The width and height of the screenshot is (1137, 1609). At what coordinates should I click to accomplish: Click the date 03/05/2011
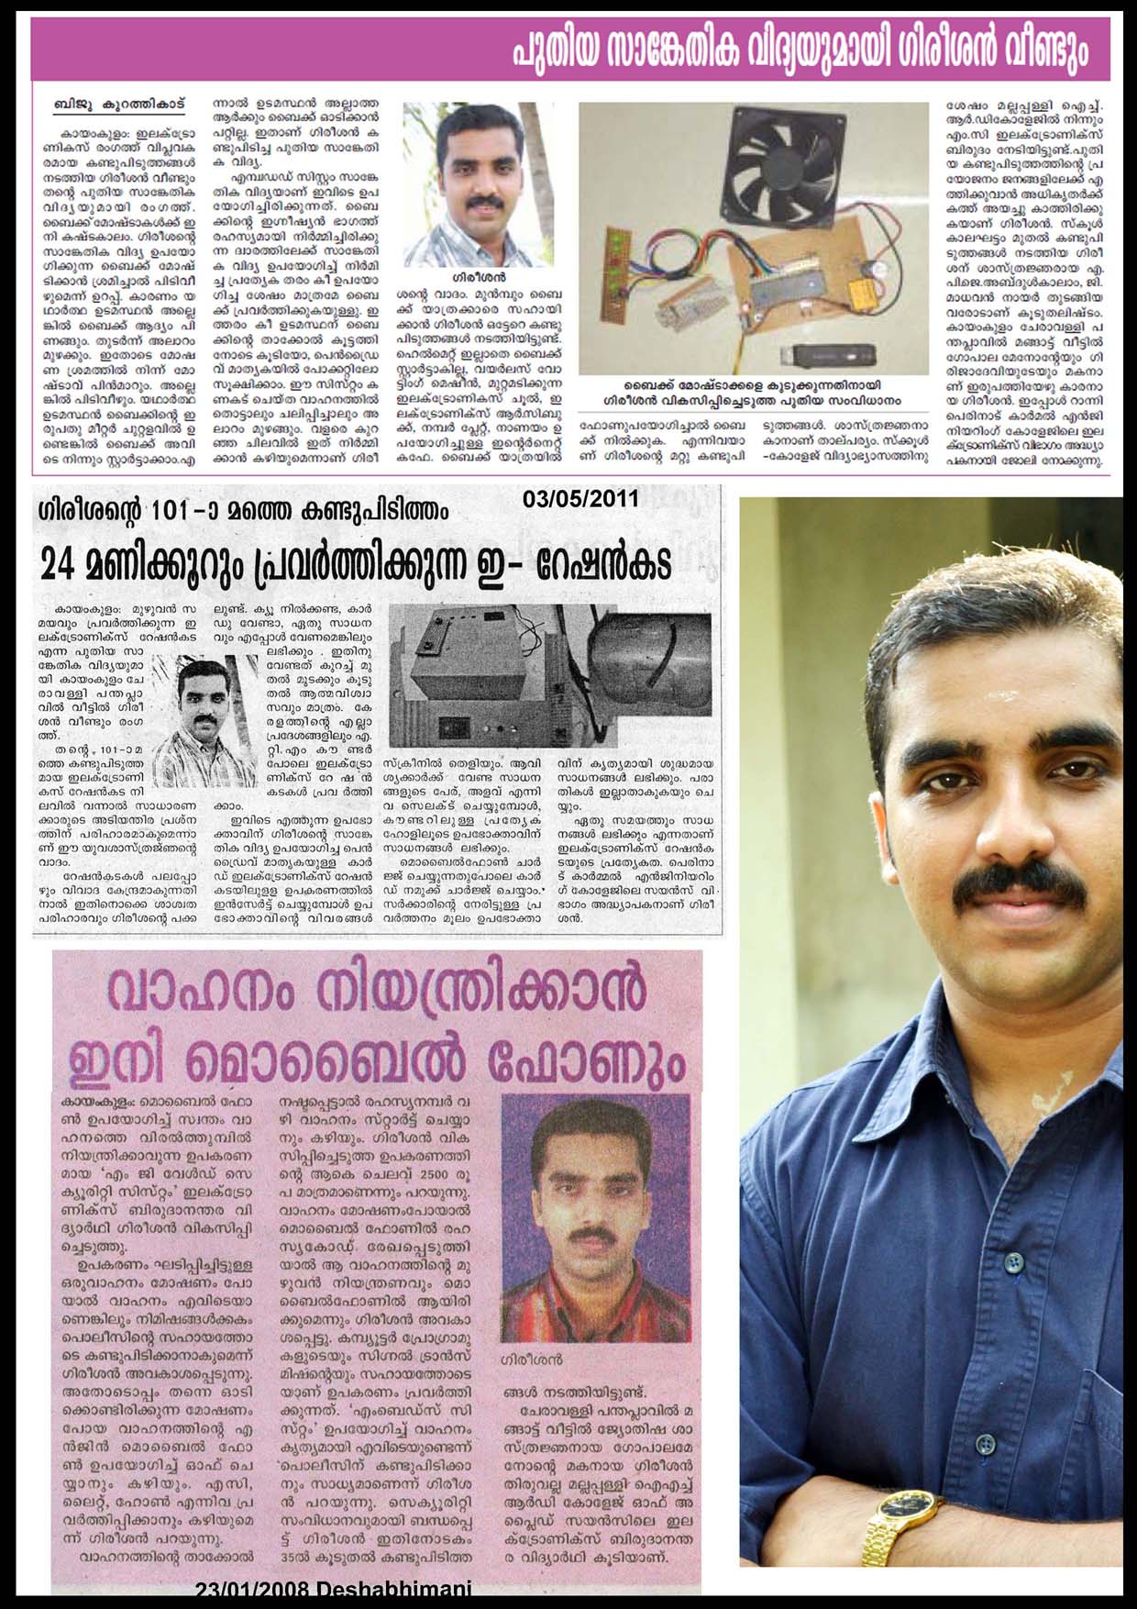(580, 500)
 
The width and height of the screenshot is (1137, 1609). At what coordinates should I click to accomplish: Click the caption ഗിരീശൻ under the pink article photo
(533, 1358)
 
